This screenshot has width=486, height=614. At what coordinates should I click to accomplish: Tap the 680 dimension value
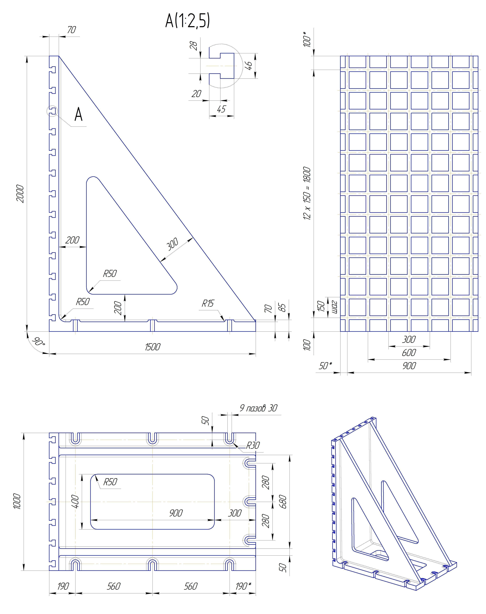[x=283, y=502]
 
